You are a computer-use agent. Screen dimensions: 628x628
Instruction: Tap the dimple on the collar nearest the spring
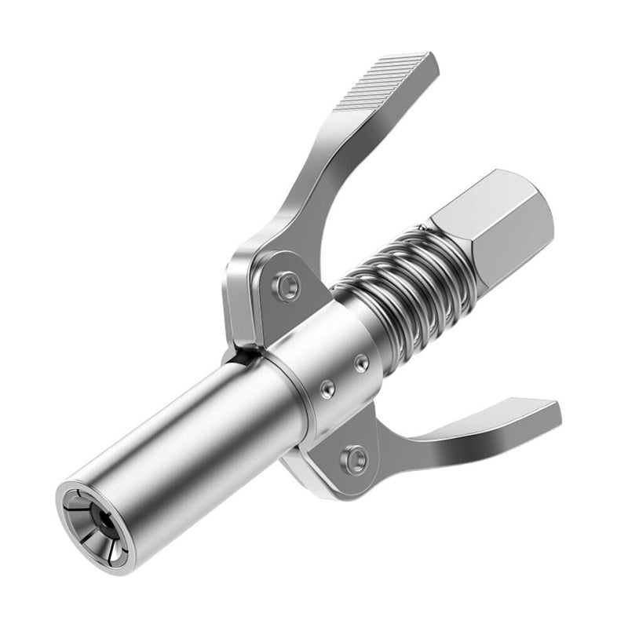click(361, 362)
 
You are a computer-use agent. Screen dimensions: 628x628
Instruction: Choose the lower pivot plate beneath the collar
click(345, 463)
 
